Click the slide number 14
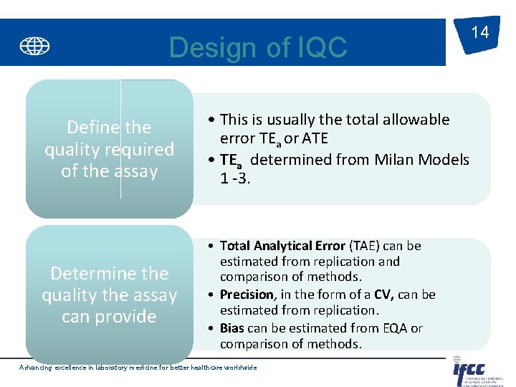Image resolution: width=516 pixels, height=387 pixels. pos(479,32)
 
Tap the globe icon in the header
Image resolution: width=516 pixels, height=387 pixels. pos(34,47)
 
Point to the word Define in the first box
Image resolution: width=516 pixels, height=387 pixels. pos(92,128)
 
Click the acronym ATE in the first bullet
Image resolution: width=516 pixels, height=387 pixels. pos(315,137)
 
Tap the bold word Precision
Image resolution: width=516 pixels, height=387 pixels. pos(247,295)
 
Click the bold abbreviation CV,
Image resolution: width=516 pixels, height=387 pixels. pos(386,295)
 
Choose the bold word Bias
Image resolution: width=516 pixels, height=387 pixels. pos(232,328)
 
